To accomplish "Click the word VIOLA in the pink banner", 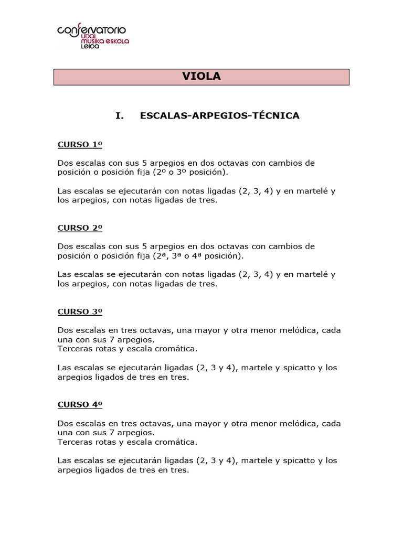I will click(x=201, y=77).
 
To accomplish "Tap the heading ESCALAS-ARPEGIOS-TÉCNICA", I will click(x=220, y=116).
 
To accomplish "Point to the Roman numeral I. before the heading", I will click(x=120, y=116).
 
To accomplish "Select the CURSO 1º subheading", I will click(x=80, y=145).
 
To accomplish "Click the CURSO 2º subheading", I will click(x=80, y=228).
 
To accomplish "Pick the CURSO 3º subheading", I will click(x=80, y=312).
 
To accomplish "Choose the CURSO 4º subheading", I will click(x=80, y=405).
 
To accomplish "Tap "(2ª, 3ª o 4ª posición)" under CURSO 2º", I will click(x=198, y=256).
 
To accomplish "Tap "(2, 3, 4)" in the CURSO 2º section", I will click(x=256, y=275).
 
